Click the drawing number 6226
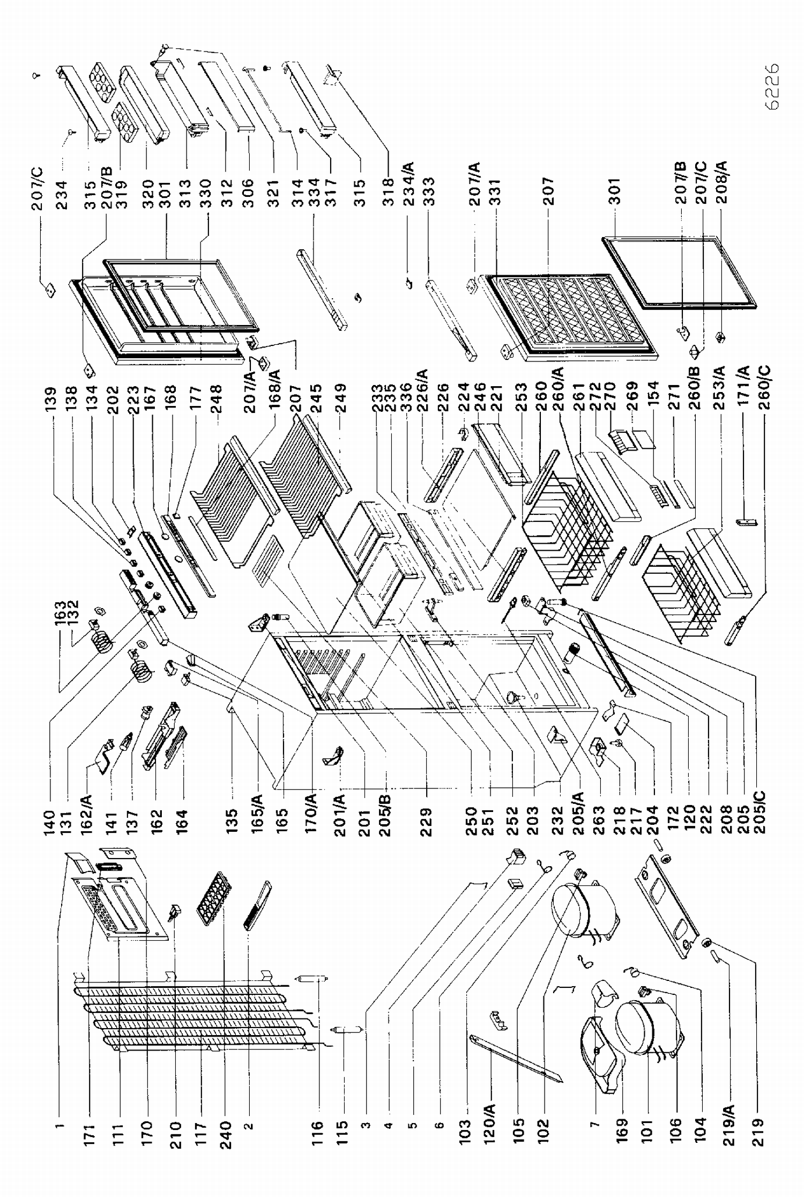[772, 86]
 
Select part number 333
[429, 191]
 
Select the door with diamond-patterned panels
[568, 316]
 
